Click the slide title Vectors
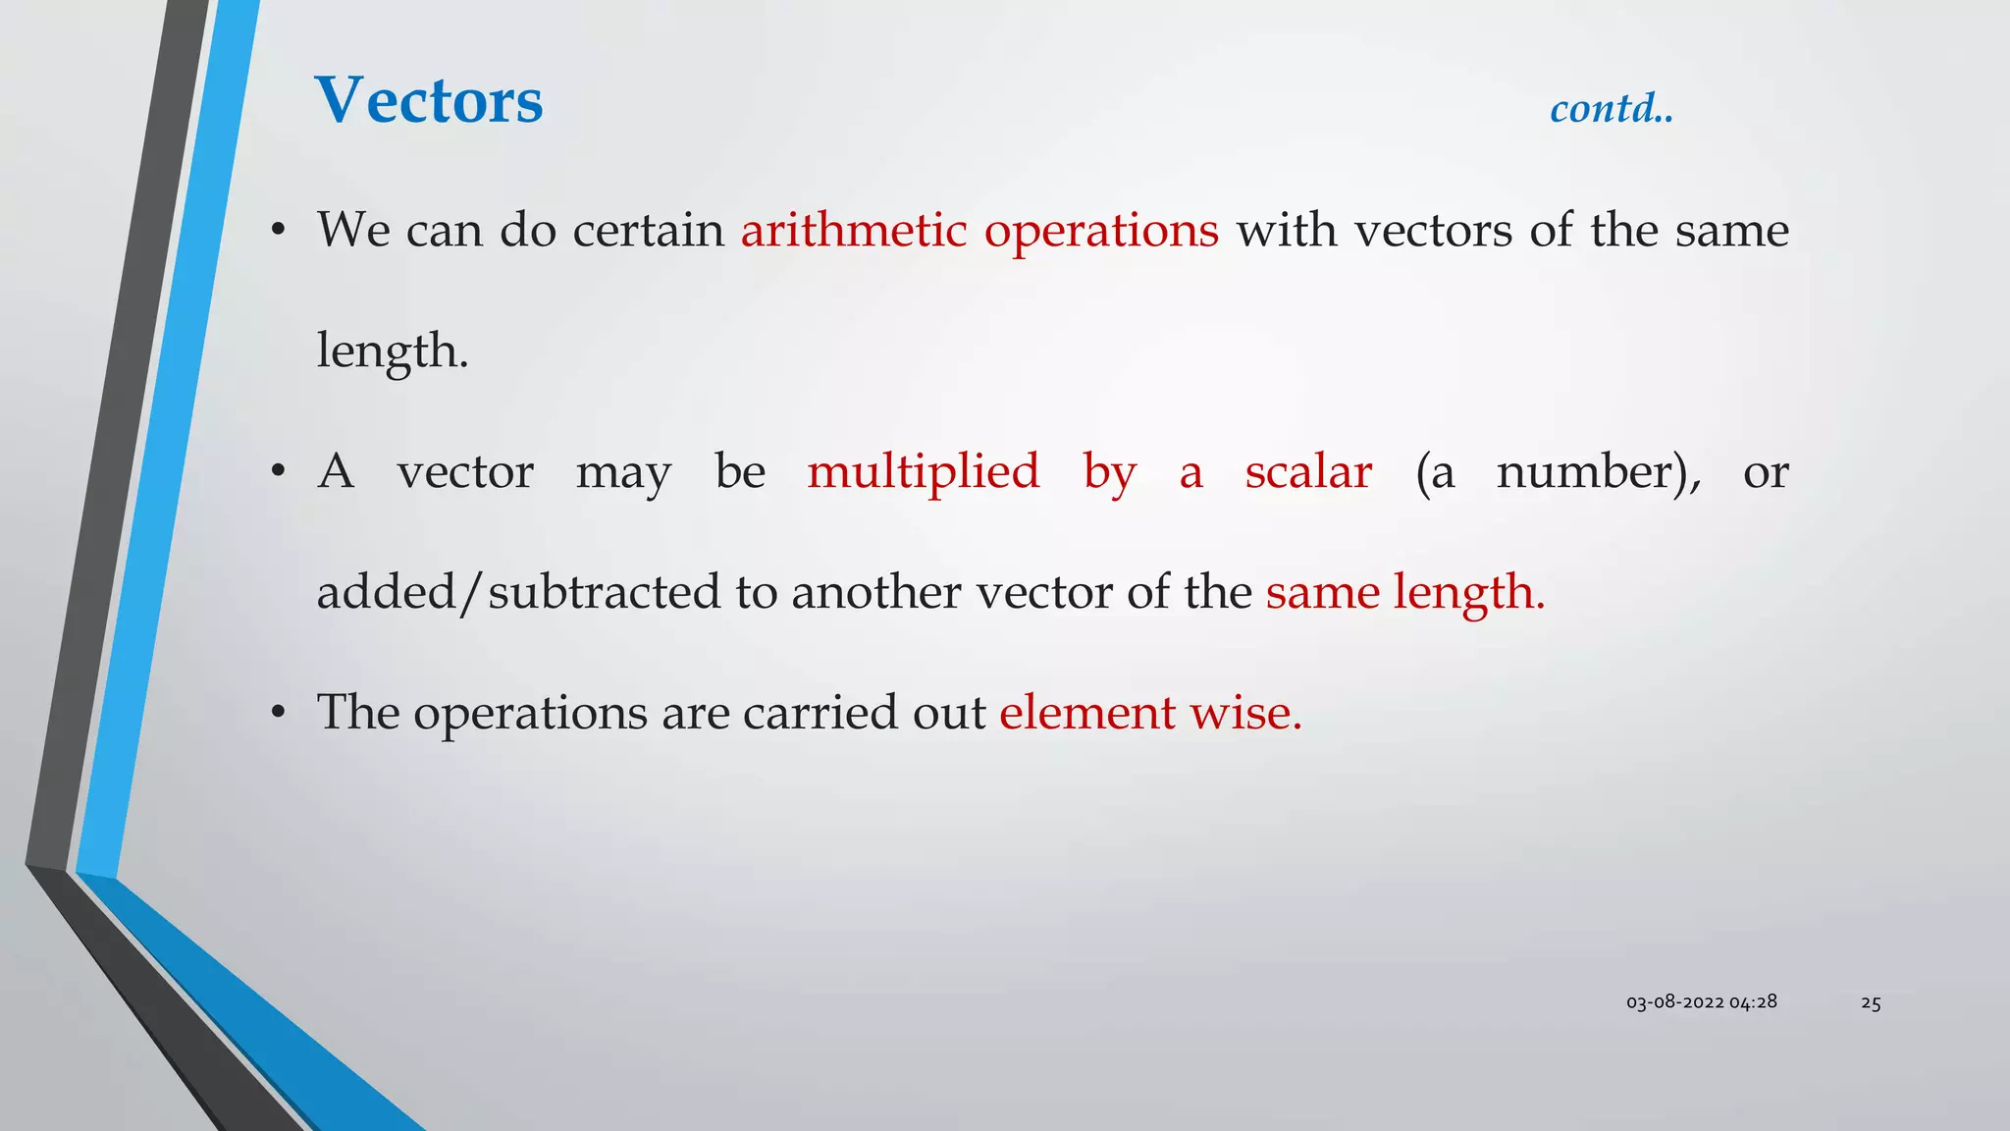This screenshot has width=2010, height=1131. [x=429, y=100]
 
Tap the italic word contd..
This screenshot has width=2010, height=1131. [x=1611, y=108]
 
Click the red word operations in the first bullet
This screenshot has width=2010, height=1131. [x=1101, y=233]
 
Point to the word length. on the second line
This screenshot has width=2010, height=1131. [x=393, y=351]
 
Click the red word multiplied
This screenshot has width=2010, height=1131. [x=923, y=472]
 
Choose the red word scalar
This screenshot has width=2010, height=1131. [x=1308, y=472]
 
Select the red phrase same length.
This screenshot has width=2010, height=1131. [x=1404, y=593]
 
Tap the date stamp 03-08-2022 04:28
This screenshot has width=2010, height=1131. [x=1701, y=1002]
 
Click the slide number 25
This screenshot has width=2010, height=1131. [x=1871, y=1003]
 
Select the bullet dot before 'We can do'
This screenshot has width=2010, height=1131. [x=279, y=232]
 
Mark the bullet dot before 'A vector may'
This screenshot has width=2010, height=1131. [x=279, y=473]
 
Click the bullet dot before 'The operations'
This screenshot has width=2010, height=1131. [x=279, y=714]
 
